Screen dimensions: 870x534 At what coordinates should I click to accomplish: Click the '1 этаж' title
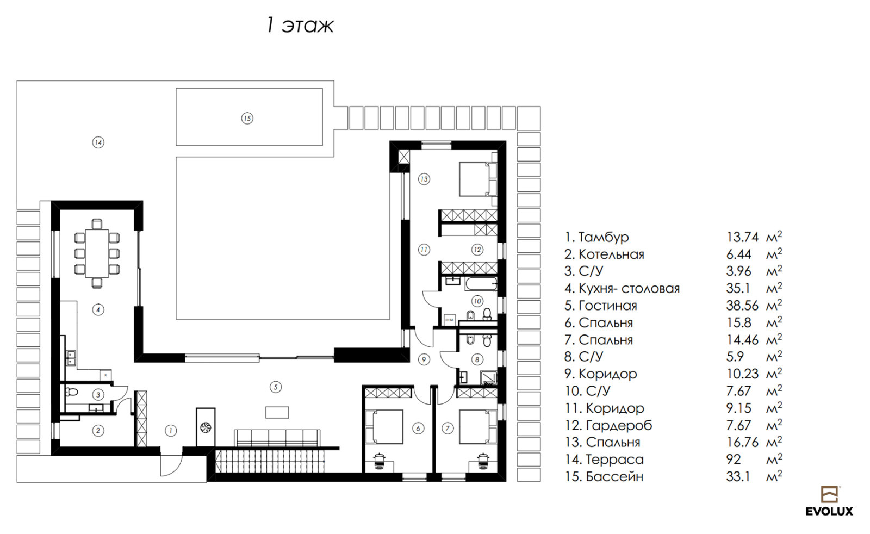tap(300, 26)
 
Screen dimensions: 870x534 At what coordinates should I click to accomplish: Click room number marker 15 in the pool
tap(247, 118)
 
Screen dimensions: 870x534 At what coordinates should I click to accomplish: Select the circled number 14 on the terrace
tap(98, 142)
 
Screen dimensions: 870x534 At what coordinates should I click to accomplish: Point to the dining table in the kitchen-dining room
tap(97, 253)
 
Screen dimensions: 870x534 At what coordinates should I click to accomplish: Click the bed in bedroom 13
tap(475, 179)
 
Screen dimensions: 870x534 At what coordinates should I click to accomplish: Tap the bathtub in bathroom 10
tap(481, 284)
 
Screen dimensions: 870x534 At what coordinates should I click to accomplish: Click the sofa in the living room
tap(277, 438)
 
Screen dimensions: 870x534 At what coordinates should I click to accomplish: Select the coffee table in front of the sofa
tap(277, 412)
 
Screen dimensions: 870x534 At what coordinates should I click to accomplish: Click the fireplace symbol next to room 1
tap(206, 427)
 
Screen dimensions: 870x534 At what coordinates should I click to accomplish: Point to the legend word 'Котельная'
tap(611, 254)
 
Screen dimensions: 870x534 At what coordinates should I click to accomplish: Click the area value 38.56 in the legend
tap(742, 306)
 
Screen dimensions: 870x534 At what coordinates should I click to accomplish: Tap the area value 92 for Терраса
tap(734, 460)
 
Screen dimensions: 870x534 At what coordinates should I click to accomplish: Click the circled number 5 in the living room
tap(275, 387)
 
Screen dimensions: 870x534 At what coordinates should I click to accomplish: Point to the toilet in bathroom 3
tap(71, 392)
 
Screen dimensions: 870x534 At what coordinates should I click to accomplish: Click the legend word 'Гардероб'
tap(619, 426)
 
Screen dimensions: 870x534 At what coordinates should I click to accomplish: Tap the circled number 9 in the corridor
tap(424, 359)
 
